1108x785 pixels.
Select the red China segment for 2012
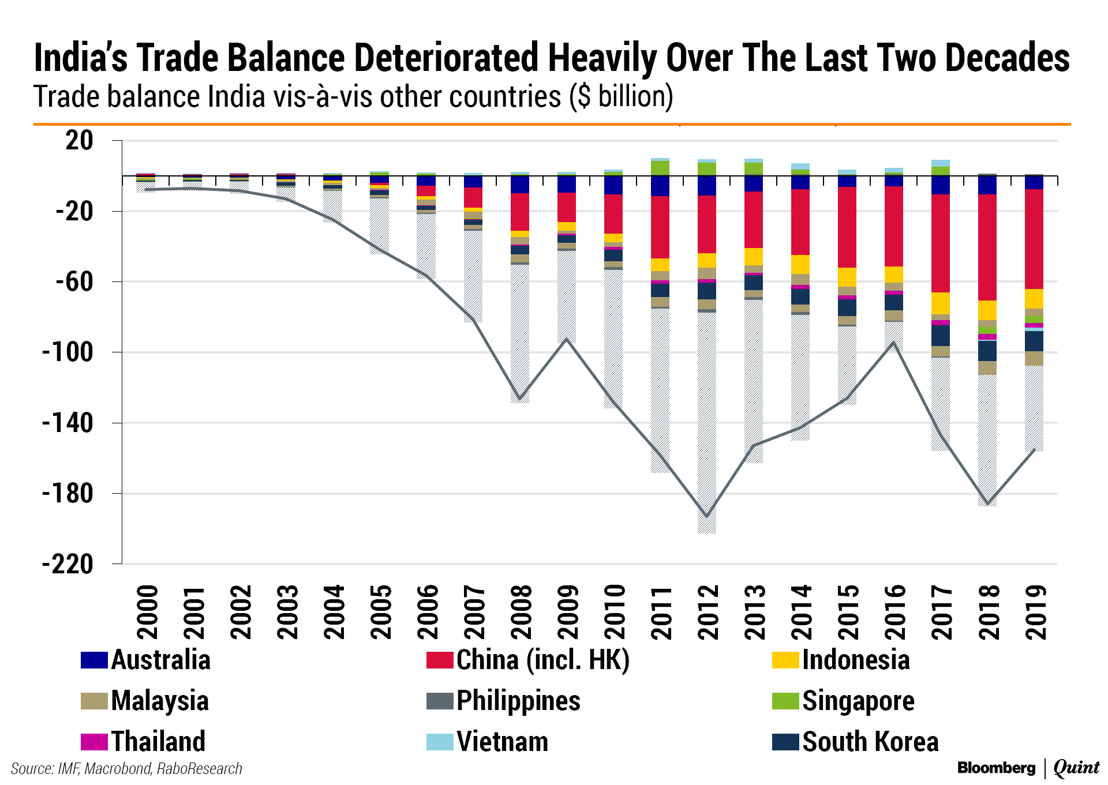[706, 224]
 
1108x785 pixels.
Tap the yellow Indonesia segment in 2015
[847, 277]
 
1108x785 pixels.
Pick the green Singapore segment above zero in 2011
[660, 168]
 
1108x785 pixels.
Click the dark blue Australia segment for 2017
[940, 185]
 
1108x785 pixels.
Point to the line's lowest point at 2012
[706, 516]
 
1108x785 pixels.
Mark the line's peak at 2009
[567, 339]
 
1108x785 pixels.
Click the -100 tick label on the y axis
[68, 352]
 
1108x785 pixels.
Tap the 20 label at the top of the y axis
[79, 140]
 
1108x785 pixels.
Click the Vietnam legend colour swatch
[440, 742]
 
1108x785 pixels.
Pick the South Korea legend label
[870, 742]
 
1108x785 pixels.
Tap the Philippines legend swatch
[440, 701]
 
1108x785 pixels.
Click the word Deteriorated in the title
[447, 58]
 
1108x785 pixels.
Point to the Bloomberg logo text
[996, 768]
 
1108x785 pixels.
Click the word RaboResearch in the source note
[199, 769]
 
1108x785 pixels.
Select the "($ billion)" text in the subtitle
[621, 96]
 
